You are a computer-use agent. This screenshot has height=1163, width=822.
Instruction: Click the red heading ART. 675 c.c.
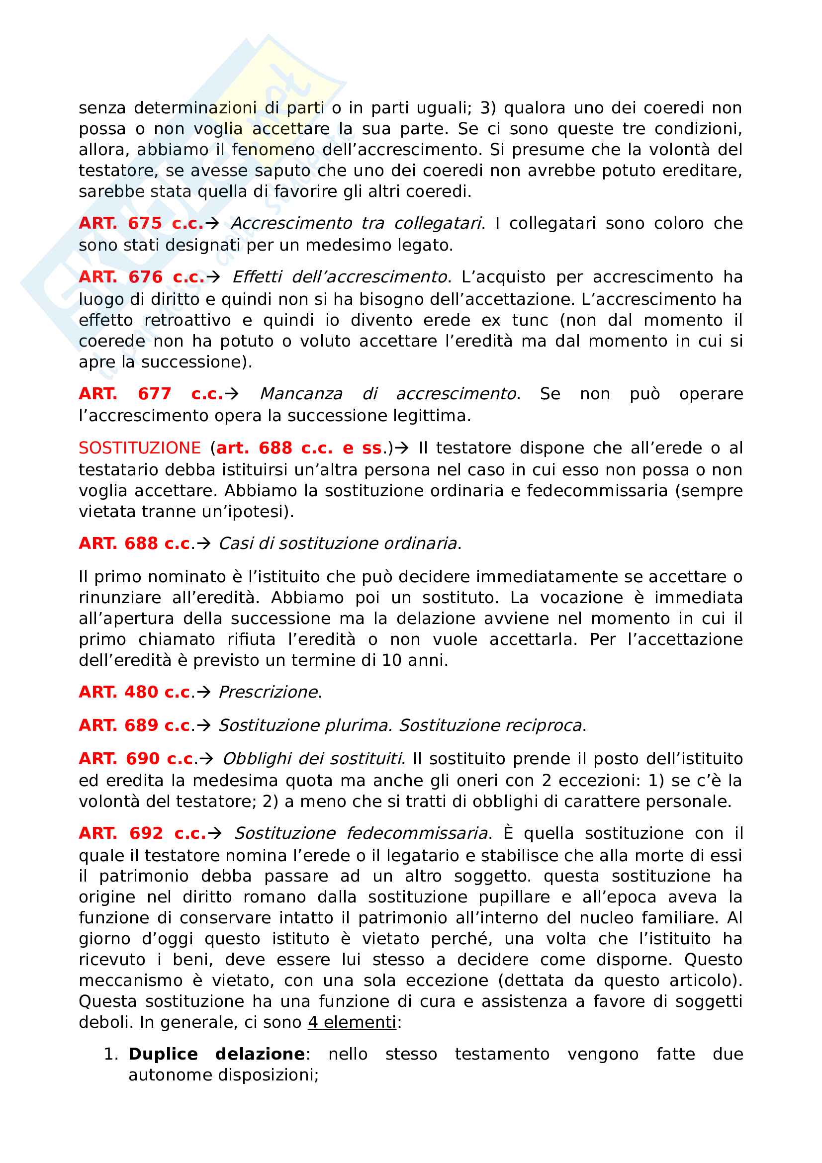point(141,223)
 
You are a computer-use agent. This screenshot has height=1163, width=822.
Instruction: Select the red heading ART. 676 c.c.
point(141,277)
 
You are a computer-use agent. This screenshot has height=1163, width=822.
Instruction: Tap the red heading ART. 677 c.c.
point(150,394)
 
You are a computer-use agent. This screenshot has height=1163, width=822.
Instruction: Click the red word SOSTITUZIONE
point(140,448)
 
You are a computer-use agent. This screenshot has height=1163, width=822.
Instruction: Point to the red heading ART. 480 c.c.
point(135,692)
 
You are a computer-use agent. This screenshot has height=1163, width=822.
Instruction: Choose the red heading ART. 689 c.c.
point(135,725)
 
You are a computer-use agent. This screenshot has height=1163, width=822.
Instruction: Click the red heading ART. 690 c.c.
point(136,759)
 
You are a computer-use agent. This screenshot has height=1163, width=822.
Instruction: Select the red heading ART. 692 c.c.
point(142,833)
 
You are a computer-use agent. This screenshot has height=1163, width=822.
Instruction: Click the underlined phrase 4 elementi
point(352,1022)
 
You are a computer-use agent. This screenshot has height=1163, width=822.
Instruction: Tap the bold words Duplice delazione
point(216,1054)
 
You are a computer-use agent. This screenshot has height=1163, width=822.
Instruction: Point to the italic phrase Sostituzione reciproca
point(490,725)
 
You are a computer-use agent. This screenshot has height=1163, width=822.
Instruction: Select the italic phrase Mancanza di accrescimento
point(388,394)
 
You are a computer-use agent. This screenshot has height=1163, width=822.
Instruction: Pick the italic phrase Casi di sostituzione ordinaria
point(338,543)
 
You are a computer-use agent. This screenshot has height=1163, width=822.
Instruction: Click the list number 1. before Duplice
point(111,1054)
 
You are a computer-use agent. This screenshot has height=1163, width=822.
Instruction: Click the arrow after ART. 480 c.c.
point(203,692)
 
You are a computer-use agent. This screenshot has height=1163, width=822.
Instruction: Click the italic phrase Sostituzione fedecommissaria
point(361,833)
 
